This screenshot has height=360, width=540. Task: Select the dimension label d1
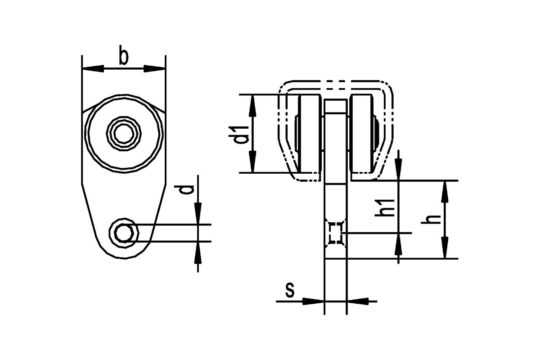[x=238, y=135]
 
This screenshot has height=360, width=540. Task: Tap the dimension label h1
[x=384, y=207]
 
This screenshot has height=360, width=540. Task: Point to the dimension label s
[x=290, y=290]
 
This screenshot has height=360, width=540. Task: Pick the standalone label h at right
[x=431, y=219]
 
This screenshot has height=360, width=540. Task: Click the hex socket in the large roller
[x=124, y=134]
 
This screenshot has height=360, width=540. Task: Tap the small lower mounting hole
[x=124, y=233]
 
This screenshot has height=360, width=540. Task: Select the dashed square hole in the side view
[x=336, y=233]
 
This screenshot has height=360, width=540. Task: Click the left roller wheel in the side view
[x=310, y=134]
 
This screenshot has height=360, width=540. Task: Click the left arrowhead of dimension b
[x=93, y=68]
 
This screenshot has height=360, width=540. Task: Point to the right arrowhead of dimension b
[x=154, y=68]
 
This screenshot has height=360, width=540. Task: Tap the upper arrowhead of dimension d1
[x=252, y=106]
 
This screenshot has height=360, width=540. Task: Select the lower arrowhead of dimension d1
[x=252, y=162]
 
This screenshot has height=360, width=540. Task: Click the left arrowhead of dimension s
[x=313, y=301]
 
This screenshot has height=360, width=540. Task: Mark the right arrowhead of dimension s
[x=358, y=301]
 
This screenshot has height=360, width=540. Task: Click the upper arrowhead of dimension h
[x=445, y=191]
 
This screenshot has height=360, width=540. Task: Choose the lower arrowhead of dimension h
[x=445, y=247]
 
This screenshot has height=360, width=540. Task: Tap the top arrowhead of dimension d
[x=198, y=213]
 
